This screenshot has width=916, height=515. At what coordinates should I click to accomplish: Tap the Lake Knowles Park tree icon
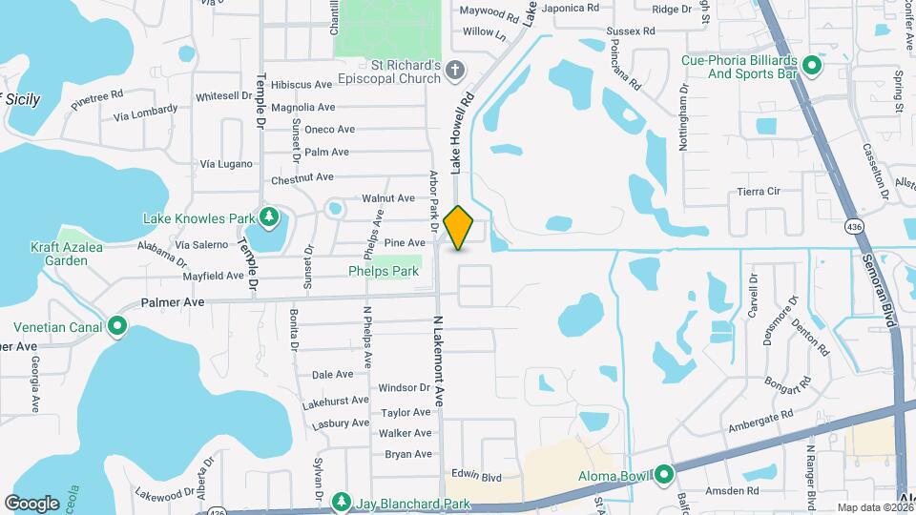270,218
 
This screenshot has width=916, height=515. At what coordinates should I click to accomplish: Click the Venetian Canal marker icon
117,327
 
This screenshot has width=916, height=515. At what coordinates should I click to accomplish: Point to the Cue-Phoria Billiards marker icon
812,66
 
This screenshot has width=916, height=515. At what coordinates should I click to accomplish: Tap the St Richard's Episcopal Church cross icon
456,70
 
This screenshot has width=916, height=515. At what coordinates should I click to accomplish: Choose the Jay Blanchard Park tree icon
341,502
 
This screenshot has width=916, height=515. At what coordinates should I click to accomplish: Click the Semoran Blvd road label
881,285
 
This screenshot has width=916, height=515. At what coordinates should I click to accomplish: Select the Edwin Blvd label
477,476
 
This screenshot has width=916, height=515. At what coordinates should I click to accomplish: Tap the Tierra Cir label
759,191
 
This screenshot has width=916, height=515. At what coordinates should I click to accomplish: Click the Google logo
31,503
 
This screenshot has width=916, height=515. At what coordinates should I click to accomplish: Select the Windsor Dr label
404,388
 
